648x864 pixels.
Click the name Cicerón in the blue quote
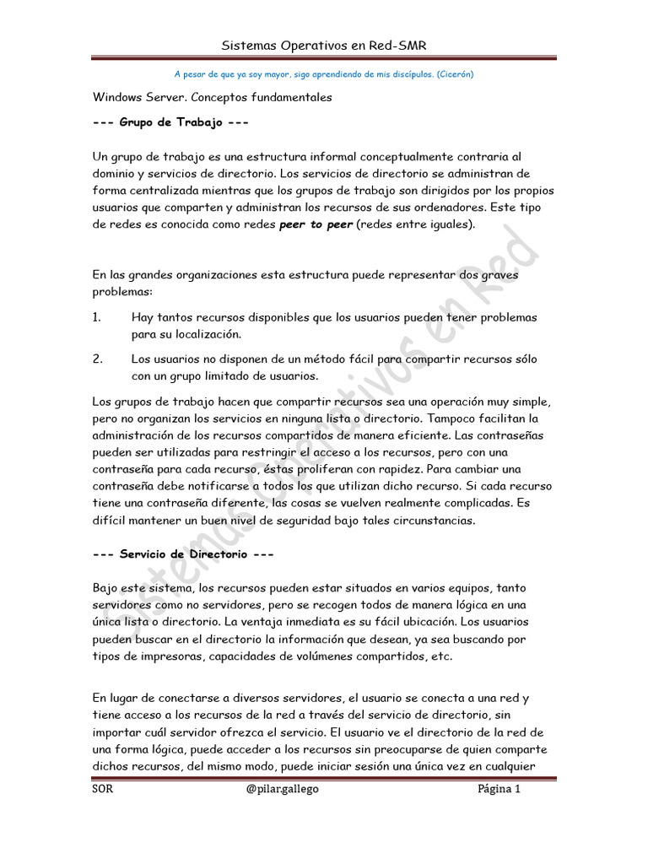(x=455, y=73)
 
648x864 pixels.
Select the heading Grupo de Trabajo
(x=171, y=122)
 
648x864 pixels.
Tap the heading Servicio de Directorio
(x=183, y=554)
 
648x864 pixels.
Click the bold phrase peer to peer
(x=316, y=224)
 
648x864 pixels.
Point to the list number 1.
(x=96, y=317)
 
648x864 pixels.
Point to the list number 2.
(x=96, y=359)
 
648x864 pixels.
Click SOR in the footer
(x=103, y=790)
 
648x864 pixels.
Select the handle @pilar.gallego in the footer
(x=283, y=790)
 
